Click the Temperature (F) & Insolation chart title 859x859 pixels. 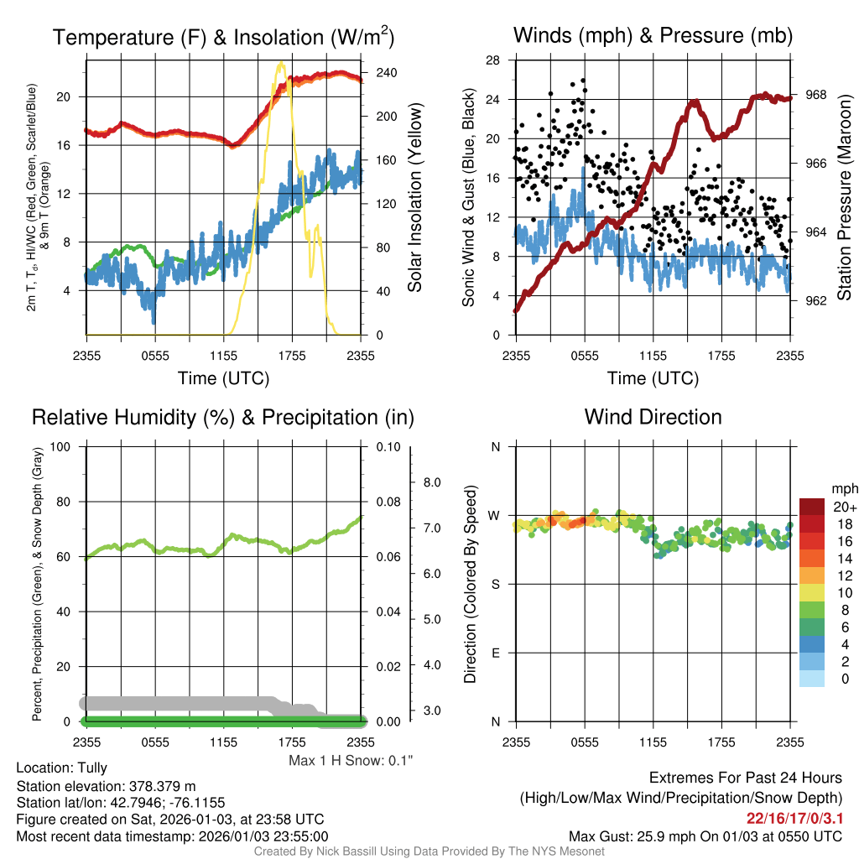click(x=223, y=37)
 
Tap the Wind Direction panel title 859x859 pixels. click(x=653, y=417)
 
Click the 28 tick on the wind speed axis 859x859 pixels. click(x=493, y=60)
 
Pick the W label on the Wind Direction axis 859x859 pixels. click(x=495, y=516)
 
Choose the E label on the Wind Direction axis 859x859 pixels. click(x=495, y=653)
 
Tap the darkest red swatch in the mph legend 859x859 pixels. click(x=813, y=507)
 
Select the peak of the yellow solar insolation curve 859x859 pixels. click(x=280, y=63)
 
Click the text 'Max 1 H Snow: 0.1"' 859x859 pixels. click(x=351, y=761)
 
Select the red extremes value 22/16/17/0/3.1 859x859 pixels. click(x=794, y=817)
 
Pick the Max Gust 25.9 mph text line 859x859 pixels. click(x=705, y=836)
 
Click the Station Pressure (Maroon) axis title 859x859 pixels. click(x=844, y=202)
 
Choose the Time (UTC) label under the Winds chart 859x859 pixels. click(x=653, y=378)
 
